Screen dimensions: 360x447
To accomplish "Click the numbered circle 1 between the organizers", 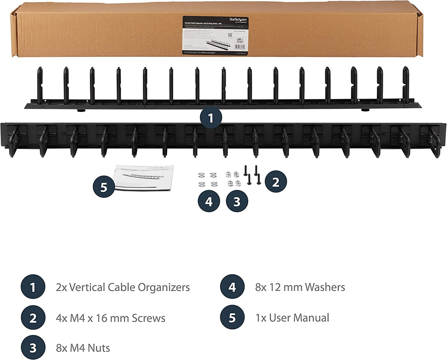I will (211, 118).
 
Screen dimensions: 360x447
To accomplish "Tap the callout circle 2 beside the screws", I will (275, 181).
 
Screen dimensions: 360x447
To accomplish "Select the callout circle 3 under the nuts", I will (237, 201).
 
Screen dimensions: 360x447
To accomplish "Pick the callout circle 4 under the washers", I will (209, 201).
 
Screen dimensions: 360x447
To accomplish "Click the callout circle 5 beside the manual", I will (104, 187).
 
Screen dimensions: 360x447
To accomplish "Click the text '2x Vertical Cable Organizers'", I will (123, 287).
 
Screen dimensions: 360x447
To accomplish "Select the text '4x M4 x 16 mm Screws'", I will (110, 318).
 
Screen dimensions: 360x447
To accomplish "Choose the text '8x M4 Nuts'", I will (83, 347).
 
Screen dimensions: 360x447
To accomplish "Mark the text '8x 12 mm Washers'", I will (300, 287).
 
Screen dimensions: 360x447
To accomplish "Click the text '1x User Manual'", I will (292, 318).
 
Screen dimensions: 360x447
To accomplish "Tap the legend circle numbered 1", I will (33, 287).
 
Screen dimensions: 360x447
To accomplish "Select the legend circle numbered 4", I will (232, 287).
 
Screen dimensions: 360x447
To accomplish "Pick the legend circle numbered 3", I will (33, 347).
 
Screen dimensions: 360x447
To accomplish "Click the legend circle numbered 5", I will (232, 318).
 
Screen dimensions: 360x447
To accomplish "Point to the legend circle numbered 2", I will (33, 318).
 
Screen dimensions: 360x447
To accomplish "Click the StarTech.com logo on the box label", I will (239, 19).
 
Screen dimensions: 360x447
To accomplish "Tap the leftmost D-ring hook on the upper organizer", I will (40, 85).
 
